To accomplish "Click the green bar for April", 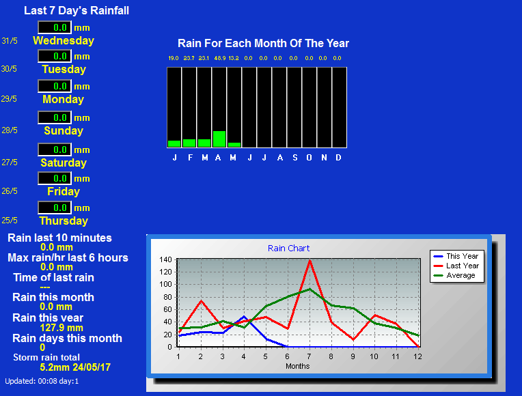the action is click(x=219, y=139).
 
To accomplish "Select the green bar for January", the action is click(x=174, y=144).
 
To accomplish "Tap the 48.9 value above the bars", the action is click(x=220, y=58).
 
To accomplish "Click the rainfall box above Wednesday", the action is click(x=55, y=27).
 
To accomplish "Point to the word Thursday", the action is click(x=64, y=221).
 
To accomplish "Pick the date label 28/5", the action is click(x=10, y=130).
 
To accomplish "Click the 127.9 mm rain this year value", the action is click(x=61, y=328).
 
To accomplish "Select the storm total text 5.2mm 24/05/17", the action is click(x=75, y=367).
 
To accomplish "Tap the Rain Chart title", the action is click(x=288, y=249).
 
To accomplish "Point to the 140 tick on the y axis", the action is click(x=165, y=259).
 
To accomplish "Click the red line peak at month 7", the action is click(x=310, y=261).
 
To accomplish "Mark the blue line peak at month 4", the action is click(x=244, y=317).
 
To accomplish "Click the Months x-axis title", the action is click(x=298, y=366).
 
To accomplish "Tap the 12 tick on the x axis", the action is click(x=417, y=356).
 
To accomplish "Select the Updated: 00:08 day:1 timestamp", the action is click(x=42, y=382).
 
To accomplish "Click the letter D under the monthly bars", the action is click(x=338, y=158).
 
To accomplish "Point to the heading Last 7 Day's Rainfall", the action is click(x=77, y=11).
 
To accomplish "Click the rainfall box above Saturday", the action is click(x=55, y=150).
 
